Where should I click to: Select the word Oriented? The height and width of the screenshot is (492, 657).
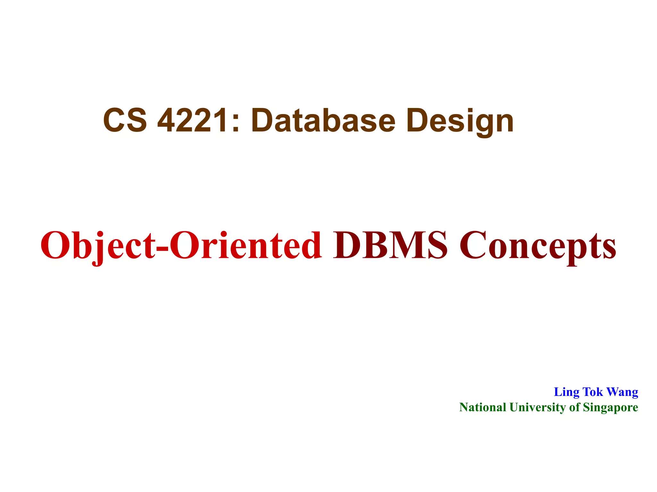[x=245, y=245]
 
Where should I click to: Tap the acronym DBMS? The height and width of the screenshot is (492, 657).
[x=390, y=245]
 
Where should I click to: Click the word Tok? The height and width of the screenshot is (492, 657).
[x=593, y=392]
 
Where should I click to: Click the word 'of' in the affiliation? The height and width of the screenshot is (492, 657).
[x=574, y=407]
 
